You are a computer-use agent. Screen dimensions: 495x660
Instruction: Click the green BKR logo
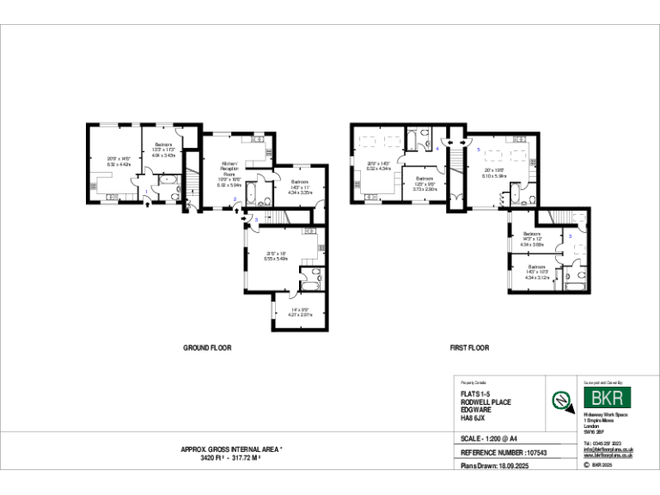pos(607,398)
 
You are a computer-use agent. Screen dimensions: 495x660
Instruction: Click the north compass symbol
pos(562,399)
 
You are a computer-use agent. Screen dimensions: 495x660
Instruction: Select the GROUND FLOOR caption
pos(207,348)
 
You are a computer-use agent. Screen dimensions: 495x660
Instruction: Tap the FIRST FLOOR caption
pos(469,348)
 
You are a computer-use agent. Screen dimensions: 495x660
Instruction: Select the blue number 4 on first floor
pos(437,149)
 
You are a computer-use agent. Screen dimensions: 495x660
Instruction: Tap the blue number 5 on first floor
pos(478,149)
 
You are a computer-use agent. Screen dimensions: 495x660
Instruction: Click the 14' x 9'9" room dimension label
pos(300,312)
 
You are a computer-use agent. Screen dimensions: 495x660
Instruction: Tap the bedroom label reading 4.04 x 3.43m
pos(163,156)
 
